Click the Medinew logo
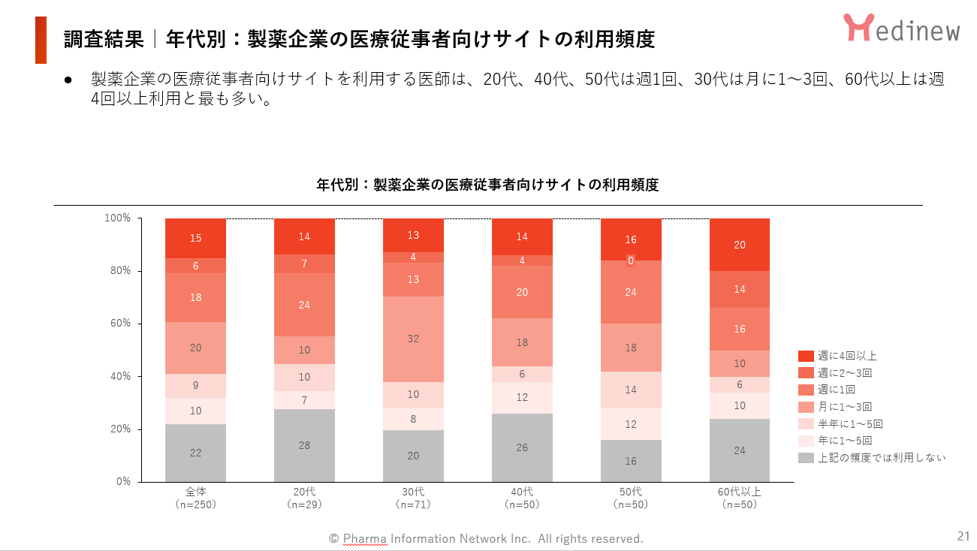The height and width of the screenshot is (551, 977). [x=901, y=28]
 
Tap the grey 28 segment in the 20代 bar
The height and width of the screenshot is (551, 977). [x=304, y=445]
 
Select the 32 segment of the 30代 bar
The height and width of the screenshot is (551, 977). [x=413, y=339]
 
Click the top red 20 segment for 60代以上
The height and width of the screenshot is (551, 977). [x=740, y=245]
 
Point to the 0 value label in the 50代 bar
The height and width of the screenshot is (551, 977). [x=631, y=260]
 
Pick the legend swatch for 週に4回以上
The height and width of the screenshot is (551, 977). [x=806, y=356]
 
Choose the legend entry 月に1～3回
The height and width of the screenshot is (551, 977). [x=844, y=407]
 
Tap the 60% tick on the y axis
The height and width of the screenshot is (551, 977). [x=118, y=324]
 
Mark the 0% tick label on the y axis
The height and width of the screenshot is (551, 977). [x=123, y=481]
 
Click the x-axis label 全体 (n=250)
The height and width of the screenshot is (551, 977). [x=195, y=498]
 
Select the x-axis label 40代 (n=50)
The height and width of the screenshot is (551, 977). [x=522, y=498]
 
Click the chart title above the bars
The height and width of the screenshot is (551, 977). [x=487, y=185]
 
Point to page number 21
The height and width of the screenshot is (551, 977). [x=963, y=536]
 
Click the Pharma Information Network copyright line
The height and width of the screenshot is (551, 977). [x=486, y=538]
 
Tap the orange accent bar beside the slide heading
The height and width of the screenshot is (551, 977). [x=41, y=40]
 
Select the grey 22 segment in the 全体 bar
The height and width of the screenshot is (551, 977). [x=195, y=453]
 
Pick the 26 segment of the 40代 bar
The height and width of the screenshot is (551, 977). [x=522, y=447]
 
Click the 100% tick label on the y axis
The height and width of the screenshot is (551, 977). [x=118, y=218]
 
